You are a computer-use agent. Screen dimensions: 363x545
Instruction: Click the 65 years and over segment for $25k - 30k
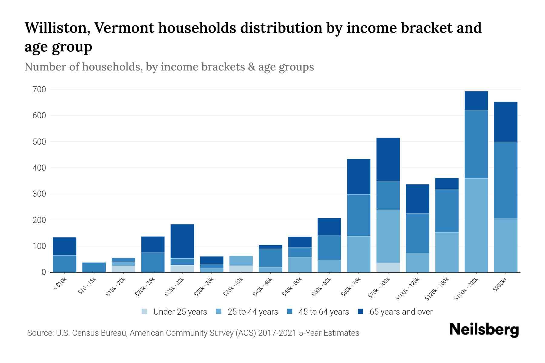tap(182, 241)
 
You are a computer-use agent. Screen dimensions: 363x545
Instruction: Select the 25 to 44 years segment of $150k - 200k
tap(476, 225)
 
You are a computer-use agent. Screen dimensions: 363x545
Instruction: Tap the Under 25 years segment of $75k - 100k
tap(388, 267)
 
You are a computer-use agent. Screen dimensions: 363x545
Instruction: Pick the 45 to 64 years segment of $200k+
tap(506, 180)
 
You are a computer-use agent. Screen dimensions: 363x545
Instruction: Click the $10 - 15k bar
tap(94, 267)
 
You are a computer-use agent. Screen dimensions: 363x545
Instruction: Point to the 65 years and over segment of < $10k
tap(64, 246)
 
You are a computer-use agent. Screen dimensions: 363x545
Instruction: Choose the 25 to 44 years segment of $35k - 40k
tap(241, 261)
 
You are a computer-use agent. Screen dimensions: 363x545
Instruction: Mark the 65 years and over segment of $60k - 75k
tap(358, 177)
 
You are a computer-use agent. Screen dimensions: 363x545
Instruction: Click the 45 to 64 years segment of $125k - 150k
tap(447, 211)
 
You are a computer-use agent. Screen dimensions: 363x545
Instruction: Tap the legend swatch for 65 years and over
tap(361, 312)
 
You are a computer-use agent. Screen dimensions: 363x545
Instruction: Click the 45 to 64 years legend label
tap(324, 312)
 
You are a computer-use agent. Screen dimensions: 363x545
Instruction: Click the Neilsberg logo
tap(484, 330)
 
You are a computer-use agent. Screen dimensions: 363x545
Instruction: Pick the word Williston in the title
tap(57, 28)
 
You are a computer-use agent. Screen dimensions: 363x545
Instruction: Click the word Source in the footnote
tap(40, 333)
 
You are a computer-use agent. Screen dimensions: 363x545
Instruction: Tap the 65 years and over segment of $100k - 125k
tap(417, 199)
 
